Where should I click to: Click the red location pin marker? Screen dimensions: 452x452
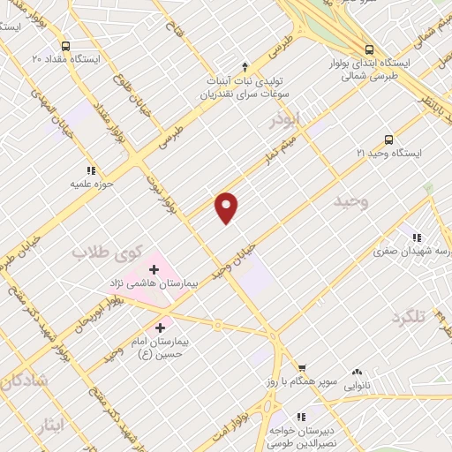pyautogui.click(x=227, y=207)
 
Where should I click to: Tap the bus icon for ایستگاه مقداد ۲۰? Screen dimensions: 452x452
pyautogui.click(x=65, y=46)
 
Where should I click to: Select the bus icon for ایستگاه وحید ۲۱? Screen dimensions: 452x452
pyautogui.click(x=388, y=139)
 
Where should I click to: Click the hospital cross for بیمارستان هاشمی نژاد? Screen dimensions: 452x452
pyautogui.click(x=154, y=268)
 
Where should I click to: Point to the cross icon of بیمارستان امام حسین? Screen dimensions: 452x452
pyautogui.click(x=160, y=328)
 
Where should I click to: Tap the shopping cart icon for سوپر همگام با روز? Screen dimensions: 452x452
pyautogui.click(x=302, y=367)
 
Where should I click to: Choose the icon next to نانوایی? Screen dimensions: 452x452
pyautogui.click(x=358, y=373)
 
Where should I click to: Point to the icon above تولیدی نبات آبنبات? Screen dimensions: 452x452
pyautogui.click(x=245, y=66)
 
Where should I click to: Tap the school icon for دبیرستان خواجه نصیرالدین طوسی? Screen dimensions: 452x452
pyautogui.click(x=301, y=415)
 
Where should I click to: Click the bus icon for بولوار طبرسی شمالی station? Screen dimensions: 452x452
pyautogui.click(x=369, y=49)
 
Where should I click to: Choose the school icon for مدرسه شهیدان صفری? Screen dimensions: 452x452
pyautogui.click(x=416, y=237)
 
